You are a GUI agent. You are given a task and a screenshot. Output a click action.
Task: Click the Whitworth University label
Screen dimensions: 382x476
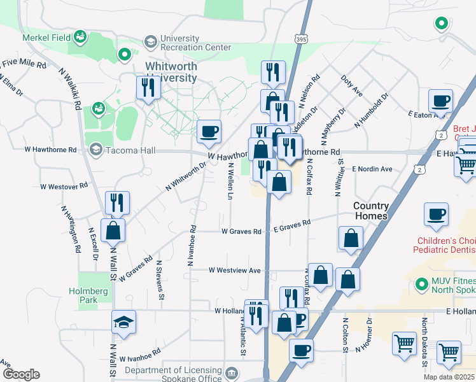pyautogui.click(x=171, y=72)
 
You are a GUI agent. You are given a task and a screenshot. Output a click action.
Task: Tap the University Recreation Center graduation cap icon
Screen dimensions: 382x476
pyautogui.click(x=151, y=42)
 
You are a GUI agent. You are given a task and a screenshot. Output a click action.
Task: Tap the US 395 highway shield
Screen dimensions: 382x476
pyautogui.click(x=302, y=39)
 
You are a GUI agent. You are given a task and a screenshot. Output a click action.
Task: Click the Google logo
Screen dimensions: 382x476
pyautogui.click(x=20, y=374)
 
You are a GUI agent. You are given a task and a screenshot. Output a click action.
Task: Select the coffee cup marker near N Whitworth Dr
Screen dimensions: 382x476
pyautogui.click(x=209, y=132)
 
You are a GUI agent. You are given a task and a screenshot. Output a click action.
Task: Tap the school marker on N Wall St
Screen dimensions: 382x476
pyautogui.click(x=124, y=322)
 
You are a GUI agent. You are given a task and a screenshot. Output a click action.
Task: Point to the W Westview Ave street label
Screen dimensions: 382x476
pyautogui.click(x=235, y=271)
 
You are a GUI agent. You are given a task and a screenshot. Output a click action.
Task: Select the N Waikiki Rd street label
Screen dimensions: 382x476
pyautogui.click(x=71, y=88)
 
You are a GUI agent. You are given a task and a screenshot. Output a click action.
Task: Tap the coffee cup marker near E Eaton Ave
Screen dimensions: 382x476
pyautogui.click(x=440, y=101)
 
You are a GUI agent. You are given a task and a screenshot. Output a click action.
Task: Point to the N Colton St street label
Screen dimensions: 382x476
pyautogui.click(x=345, y=335)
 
